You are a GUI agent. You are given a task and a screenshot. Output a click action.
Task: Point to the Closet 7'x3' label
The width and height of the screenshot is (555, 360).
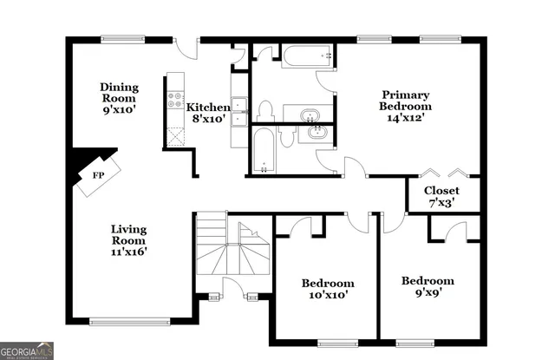[441, 196]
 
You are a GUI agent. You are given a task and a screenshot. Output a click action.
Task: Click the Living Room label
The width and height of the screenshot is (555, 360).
[128, 240]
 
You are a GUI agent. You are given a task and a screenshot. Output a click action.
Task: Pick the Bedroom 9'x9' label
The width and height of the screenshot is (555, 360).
[428, 286]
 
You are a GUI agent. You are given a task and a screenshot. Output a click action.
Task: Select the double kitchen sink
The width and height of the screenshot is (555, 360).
[238, 111]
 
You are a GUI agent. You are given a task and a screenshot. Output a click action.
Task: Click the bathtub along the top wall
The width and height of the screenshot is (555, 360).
[307, 57]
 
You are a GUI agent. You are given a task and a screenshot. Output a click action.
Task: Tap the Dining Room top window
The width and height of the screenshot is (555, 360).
[119, 37]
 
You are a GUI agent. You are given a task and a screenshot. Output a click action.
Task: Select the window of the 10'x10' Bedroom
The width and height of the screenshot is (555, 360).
[326, 337]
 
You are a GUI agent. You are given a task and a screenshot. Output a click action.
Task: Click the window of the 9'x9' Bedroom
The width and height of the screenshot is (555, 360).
[411, 337]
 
